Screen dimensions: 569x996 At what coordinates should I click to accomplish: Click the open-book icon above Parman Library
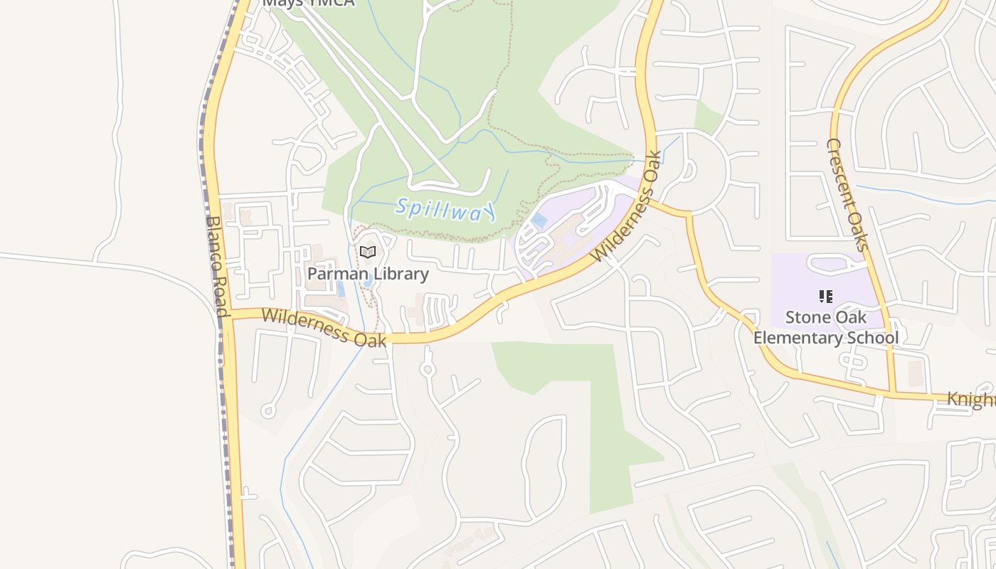point(368,252)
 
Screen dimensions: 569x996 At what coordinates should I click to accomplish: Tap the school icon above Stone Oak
point(825,296)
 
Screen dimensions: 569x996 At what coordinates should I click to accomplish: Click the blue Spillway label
point(445,209)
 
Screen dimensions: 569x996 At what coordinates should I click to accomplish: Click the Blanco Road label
point(216,266)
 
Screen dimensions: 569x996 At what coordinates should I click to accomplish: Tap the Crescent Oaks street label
point(847,194)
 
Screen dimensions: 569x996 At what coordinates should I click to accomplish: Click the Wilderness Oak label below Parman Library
point(324,326)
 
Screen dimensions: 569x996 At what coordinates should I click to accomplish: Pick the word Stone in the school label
point(807,317)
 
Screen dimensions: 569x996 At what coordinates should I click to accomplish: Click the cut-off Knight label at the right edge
point(971,399)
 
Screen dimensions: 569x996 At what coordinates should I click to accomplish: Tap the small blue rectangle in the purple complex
point(540,220)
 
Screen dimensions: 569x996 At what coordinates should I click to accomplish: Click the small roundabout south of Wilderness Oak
point(428,370)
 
